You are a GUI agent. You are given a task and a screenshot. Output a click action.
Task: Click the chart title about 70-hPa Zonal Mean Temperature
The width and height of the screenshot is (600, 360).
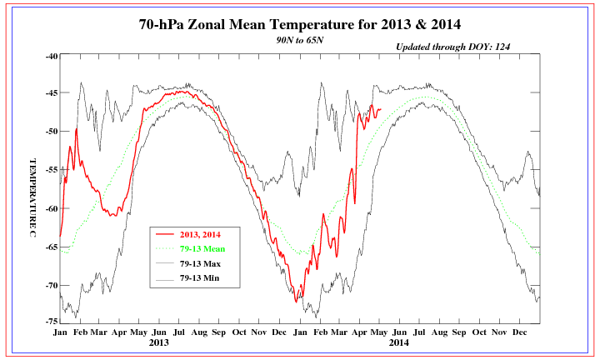(x=301, y=24)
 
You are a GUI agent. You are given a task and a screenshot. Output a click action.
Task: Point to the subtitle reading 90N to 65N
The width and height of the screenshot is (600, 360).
(x=301, y=39)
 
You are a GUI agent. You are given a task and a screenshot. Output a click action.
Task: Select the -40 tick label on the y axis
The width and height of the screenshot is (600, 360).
(x=50, y=56)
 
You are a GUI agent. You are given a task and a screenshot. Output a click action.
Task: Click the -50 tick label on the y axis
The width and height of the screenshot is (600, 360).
(x=50, y=132)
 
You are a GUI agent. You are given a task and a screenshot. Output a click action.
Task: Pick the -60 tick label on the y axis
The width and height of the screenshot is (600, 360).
(x=50, y=208)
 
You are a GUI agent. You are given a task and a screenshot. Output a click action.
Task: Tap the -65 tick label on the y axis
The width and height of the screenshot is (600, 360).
(x=50, y=247)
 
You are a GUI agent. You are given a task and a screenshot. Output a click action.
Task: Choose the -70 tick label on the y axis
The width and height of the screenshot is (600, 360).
(x=50, y=285)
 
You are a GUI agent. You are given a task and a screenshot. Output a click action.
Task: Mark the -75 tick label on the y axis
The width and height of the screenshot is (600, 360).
(x=50, y=322)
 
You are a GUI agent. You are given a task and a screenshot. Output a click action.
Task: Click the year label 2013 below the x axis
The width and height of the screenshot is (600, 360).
(x=159, y=342)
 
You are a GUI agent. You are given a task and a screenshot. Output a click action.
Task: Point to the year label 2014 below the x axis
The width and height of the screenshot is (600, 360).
(x=399, y=342)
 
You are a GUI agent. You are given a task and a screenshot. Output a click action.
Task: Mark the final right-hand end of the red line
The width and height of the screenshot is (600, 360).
(x=381, y=109)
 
